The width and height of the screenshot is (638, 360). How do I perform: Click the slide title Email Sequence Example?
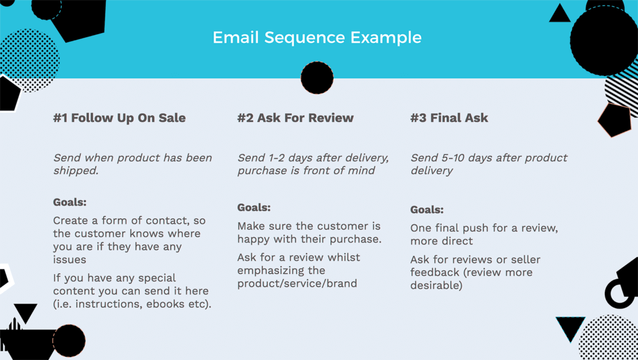tap(317, 37)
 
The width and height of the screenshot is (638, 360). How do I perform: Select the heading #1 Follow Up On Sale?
tap(119, 118)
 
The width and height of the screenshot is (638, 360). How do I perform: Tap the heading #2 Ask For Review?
tap(295, 118)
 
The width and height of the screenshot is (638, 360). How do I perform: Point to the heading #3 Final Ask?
tap(449, 118)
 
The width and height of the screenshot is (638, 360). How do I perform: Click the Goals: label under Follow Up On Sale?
tap(70, 202)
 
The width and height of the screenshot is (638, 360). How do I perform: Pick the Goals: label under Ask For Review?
tap(254, 207)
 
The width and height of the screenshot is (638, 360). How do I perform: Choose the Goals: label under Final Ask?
tap(427, 210)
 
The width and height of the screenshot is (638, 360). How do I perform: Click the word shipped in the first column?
tap(75, 171)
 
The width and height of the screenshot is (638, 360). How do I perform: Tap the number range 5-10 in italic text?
tap(447, 158)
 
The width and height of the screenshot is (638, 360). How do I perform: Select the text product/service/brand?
tap(297, 283)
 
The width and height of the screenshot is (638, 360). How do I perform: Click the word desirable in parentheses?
tap(436, 285)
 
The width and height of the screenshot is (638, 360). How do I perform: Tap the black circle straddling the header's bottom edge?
tap(317, 78)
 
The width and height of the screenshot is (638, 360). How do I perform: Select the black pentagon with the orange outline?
tap(614, 120)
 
